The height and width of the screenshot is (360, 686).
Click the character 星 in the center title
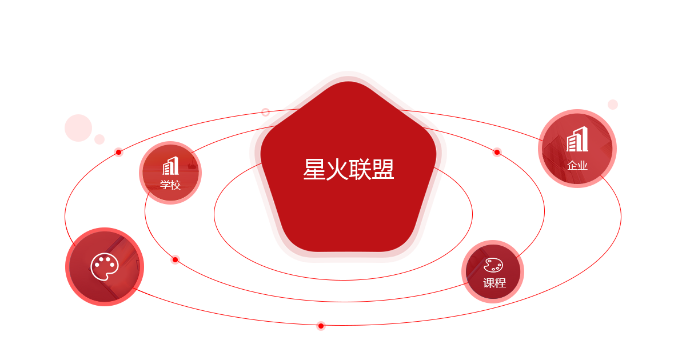pos(314,170)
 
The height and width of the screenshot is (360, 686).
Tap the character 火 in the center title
pos(337,170)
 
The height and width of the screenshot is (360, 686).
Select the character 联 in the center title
pos(360,170)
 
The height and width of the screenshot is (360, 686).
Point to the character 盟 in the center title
pos(382,170)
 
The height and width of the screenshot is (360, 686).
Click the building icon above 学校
pos(170,166)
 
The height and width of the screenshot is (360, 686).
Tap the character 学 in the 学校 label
pos(165,185)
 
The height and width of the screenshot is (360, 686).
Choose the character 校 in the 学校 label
pos(176,185)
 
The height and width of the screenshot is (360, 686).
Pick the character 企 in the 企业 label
pos(572,166)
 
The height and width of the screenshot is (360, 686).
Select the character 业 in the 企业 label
pos(583,166)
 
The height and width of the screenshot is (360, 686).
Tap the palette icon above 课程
pos(493,265)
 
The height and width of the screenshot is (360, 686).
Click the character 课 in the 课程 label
pos(488,283)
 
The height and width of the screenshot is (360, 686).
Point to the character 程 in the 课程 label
pos(500,283)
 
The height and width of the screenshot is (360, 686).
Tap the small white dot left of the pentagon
pos(265,112)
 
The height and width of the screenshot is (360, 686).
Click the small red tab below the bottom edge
pos(321,328)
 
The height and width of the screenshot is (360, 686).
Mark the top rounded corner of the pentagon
pos(345,78)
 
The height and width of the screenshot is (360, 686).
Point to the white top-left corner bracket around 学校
pos(143,145)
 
